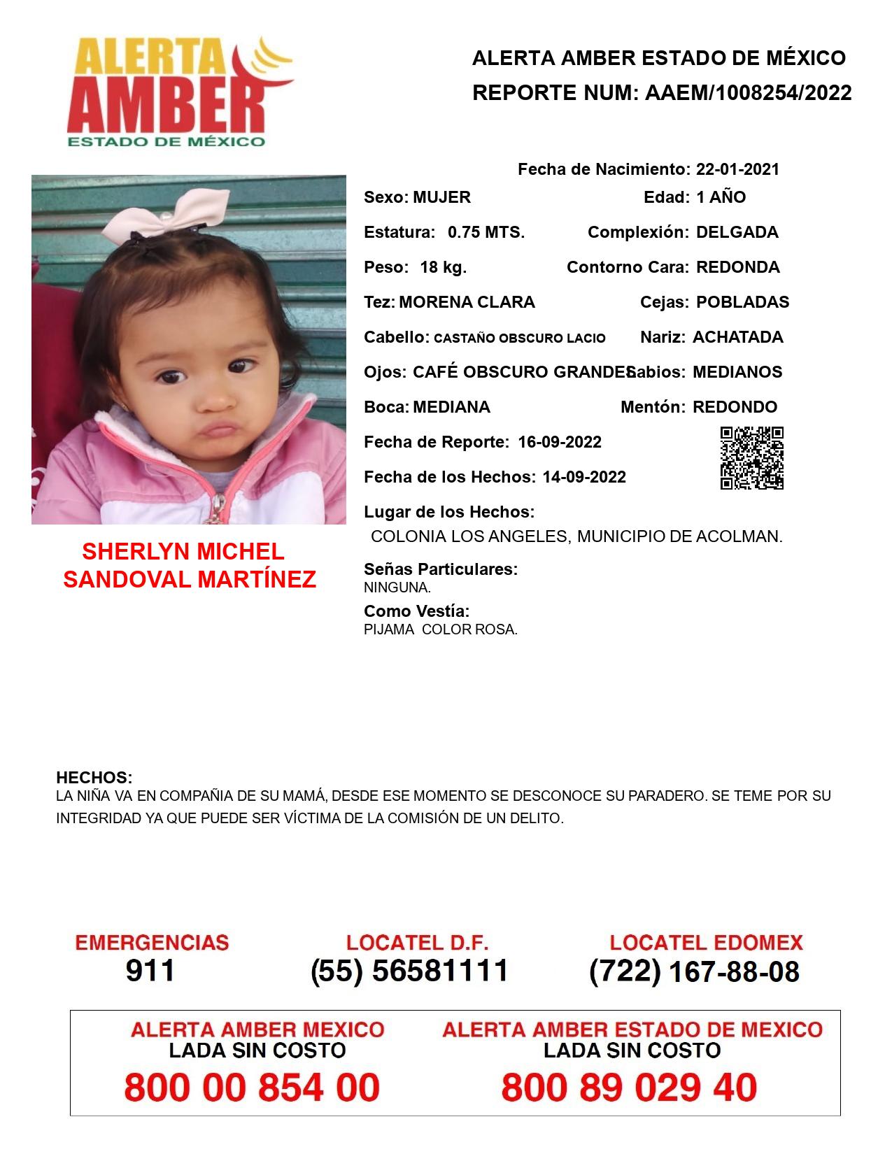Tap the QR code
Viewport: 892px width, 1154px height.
click(752, 458)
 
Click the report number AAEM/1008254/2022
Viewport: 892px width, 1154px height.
click(748, 92)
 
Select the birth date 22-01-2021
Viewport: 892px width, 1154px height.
click(737, 169)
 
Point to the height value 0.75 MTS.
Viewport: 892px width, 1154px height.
click(486, 232)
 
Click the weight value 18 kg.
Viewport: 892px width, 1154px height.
click(443, 267)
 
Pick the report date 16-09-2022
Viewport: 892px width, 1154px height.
click(560, 442)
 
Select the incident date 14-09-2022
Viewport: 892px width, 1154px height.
click(584, 477)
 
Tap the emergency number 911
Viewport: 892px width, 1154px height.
click(150, 971)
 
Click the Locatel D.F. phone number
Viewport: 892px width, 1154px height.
click(409, 971)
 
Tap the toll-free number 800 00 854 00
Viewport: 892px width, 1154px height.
click(252, 1088)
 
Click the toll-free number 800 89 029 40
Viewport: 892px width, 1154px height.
click(629, 1088)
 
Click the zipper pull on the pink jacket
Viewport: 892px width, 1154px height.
click(218, 507)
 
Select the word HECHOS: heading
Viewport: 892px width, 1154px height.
click(94, 778)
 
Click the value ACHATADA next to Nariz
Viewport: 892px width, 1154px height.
click(737, 337)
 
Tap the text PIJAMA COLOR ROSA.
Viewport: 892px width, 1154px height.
click(441, 629)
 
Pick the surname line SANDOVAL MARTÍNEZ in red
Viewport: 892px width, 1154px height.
click(190, 579)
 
